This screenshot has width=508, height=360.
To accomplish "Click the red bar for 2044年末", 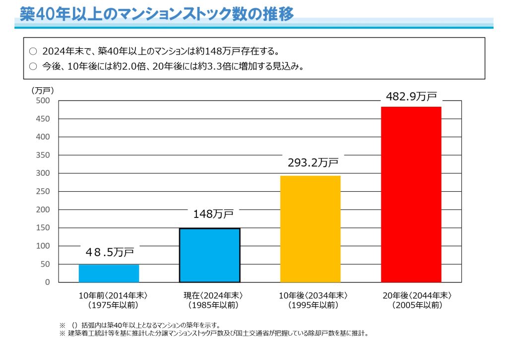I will [x=411, y=194].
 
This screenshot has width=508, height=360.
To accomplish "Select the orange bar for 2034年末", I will [x=310, y=229].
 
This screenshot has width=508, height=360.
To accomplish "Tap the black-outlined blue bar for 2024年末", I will [x=209, y=255].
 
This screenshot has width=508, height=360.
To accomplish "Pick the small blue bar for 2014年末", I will [x=109, y=273].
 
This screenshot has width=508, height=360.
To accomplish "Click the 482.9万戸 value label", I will [x=411, y=97].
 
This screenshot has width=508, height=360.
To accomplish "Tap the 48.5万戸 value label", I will [x=110, y=252].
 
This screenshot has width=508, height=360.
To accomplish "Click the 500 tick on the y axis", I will [x=44, y=101].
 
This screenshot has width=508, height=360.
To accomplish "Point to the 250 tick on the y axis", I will [x=44, y=192].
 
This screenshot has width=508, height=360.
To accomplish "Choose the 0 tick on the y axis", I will [x=48, y=282].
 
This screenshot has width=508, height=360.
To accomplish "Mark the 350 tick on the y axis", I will [x=44, y=155].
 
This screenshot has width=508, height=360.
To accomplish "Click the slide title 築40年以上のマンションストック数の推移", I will [x=157, y=13].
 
